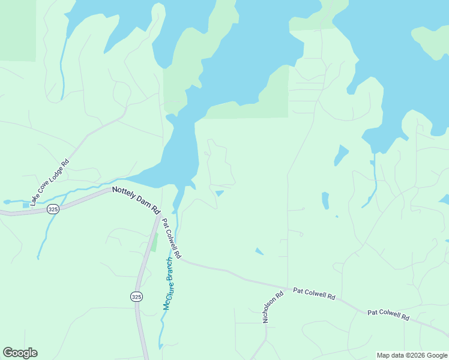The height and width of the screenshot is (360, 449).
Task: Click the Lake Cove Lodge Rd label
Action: (50, 181)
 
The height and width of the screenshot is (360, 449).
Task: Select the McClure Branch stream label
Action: (171, 284)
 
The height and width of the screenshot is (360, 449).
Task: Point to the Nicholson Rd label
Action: (273, 308)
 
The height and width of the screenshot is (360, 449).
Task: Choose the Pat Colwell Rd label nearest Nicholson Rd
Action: (314, 294)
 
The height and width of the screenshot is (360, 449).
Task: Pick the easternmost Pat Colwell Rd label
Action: (388, 314)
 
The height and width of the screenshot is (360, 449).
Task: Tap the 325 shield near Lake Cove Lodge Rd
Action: (53, 209)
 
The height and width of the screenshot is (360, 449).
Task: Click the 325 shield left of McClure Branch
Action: (136, 296)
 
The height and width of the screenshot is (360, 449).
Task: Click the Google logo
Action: (20, 353)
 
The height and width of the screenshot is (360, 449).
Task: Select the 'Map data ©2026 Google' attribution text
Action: (412, 355)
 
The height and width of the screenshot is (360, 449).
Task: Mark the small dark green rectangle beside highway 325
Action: (154, 243)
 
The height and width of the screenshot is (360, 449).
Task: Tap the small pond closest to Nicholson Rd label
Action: (259, 251)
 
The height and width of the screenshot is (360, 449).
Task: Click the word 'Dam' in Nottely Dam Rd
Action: (143, 204)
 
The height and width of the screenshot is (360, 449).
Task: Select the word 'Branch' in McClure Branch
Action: (174, 270)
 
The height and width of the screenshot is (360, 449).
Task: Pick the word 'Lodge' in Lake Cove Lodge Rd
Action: (56, 172)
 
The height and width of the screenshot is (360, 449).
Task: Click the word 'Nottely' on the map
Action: (124, 196)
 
